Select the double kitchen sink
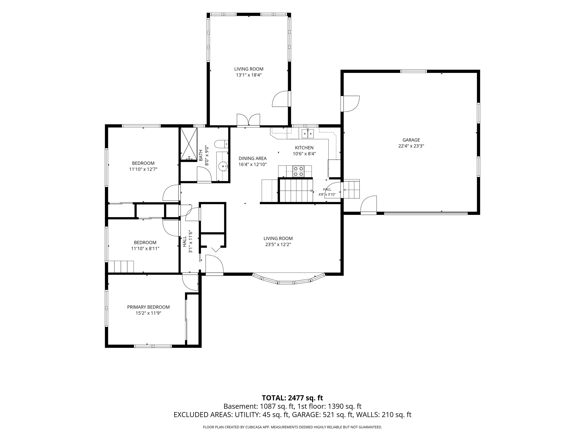(x=308, y=134)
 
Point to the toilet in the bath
(x=221, y=144)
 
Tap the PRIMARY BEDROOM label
(x=148, y=307)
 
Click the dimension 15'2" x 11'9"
(x=148, y=313)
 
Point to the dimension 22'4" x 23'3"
(x=411, y=146)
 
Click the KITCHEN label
(x=304, y=148)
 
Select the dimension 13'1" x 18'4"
(x=249, y=75)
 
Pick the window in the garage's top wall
(x=414, y=71)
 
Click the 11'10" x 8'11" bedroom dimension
(x=145, y=248)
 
